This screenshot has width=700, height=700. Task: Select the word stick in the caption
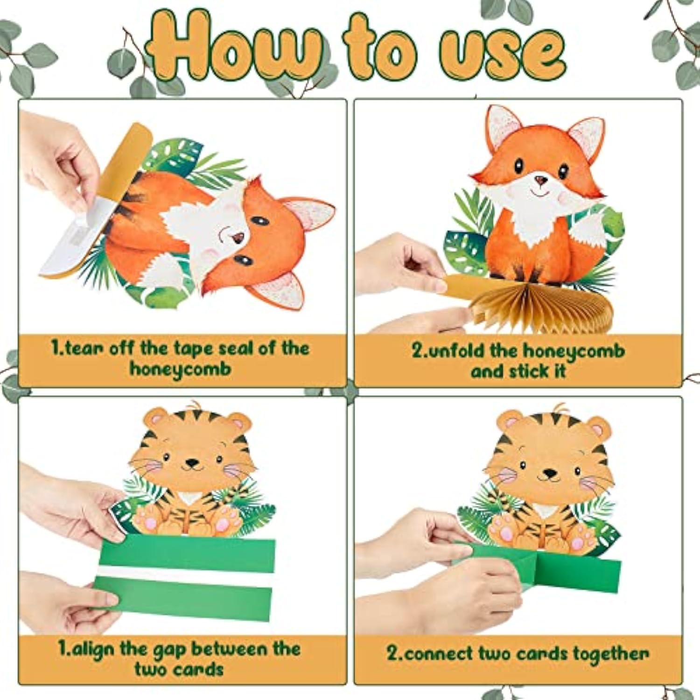529,372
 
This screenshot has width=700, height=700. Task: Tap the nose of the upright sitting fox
540,180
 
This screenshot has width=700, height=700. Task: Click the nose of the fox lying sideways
238,238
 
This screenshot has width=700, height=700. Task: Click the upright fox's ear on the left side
503,125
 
